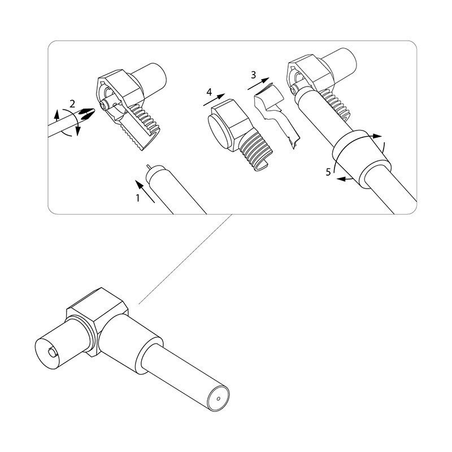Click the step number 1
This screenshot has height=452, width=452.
(x=138, y=198)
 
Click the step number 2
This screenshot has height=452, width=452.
(x=73, y=103)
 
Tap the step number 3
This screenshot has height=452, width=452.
(x=253, y=75)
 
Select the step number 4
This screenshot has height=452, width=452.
(x=209, y=92)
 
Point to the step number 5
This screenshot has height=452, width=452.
(x=328, y=172)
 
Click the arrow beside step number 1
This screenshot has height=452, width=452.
(x=145, y=192)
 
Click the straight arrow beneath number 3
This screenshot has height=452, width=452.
(x=258, y=84)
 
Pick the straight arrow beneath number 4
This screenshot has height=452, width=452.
(x=214, y=100)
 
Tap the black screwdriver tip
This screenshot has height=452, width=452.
(x=87, y=114)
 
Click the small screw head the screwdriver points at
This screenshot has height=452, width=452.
(x=103, y=106)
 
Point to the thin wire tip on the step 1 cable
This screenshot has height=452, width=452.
(x=148, y=167)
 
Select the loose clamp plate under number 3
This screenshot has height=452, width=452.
(x=277, y=114)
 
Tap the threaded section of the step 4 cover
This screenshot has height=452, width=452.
(x=254, y=152)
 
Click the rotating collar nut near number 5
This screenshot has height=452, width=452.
(x=362, y=159)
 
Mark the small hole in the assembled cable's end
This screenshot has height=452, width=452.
(x=218, y=399)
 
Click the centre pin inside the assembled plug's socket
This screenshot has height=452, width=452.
(x=52, y=352)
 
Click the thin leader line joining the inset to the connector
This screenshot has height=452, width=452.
(x=186, y=259)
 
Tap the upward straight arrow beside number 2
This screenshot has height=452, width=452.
(x=57, y=115)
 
